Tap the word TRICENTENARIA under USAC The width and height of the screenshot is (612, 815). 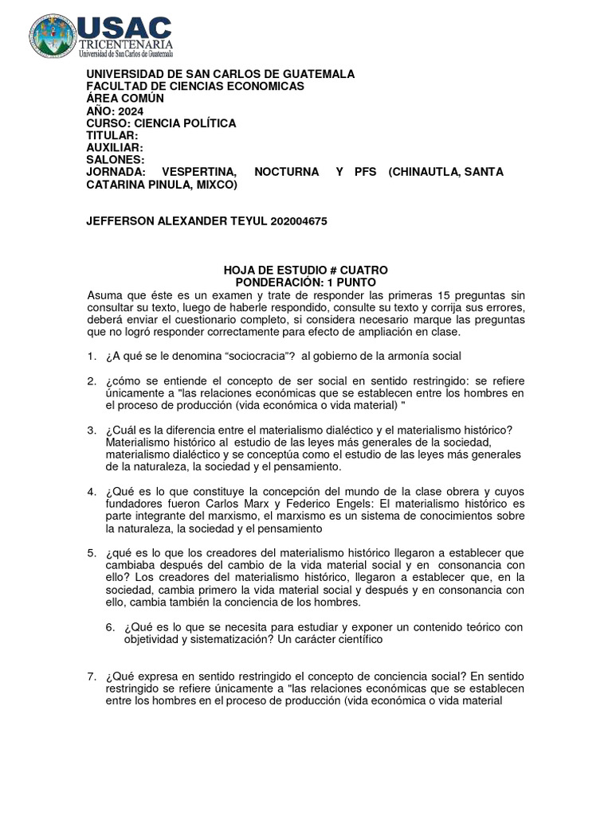[124, 45]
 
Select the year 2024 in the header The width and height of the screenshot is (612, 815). [131, 111]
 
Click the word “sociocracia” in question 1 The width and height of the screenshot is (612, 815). [232, 356]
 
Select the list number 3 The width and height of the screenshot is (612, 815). [92, 431]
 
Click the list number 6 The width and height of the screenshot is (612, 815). [111, 627]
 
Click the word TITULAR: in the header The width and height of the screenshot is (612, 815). [112, 136]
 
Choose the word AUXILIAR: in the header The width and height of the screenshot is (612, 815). [115, 148]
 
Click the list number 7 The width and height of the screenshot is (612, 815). [92, 677]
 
